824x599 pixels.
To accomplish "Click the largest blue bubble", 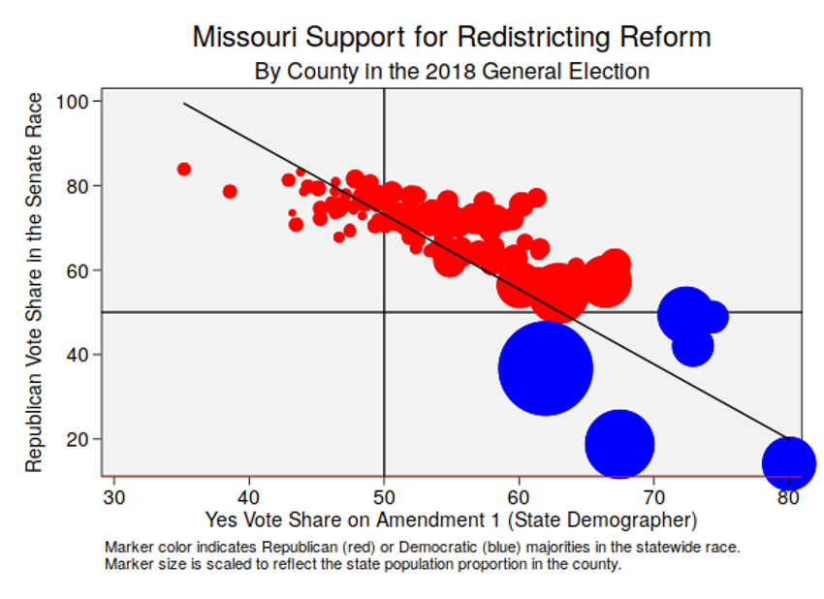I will coord(546,368).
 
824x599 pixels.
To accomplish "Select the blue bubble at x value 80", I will coord(789,463).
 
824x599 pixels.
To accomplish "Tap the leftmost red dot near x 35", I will coord(184,169).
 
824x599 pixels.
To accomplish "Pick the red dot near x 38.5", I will coord(230,191).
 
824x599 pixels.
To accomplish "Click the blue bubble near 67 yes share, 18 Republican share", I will coord(619,444).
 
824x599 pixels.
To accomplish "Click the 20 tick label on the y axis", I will coord(80,439).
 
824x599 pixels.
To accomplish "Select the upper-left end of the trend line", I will coord(184,103).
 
